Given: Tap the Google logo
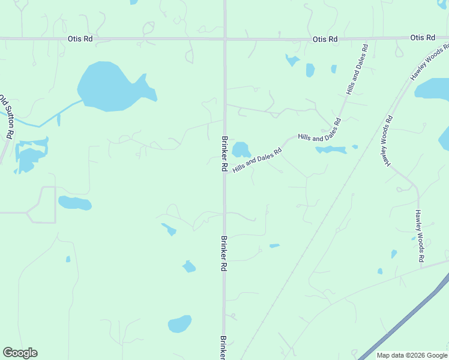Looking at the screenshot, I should pos(20,353).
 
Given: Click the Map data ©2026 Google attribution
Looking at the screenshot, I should pos(412,355).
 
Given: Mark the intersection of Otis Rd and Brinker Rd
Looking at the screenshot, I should pos(225,40).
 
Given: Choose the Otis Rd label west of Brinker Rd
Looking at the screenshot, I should pos(80,39).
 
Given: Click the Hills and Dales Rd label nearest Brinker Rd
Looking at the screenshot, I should pos(257,161).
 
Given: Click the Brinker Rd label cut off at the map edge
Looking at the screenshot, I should pos(223,347).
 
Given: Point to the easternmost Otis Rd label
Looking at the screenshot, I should pos(423,38).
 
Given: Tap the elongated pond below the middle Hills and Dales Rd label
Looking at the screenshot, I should pos(331,149).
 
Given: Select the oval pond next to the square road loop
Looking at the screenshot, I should pos(75,203).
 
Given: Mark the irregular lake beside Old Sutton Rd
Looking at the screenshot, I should pos(30,155).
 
